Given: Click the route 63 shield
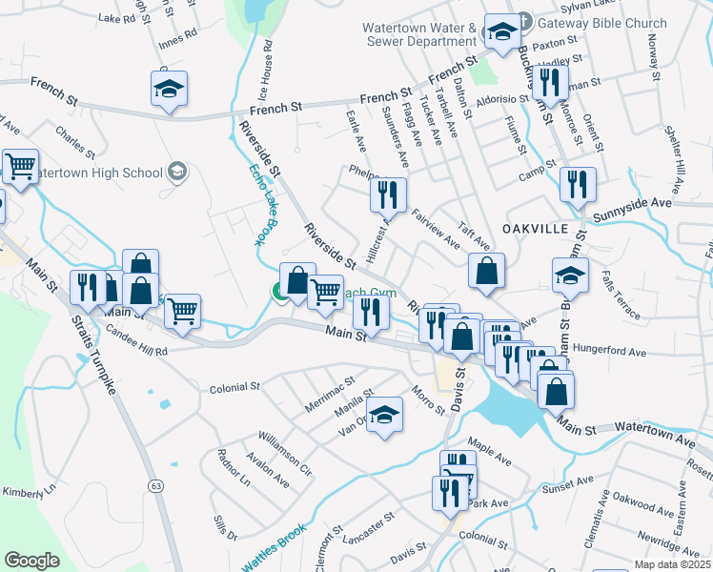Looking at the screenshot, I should tap(153, 486).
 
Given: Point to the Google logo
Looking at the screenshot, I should tap(31, 561).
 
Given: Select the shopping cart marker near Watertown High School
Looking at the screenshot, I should tap(20, 166).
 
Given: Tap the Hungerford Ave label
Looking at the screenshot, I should tap(610, 351).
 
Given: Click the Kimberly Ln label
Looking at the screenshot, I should tap(29, 492).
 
